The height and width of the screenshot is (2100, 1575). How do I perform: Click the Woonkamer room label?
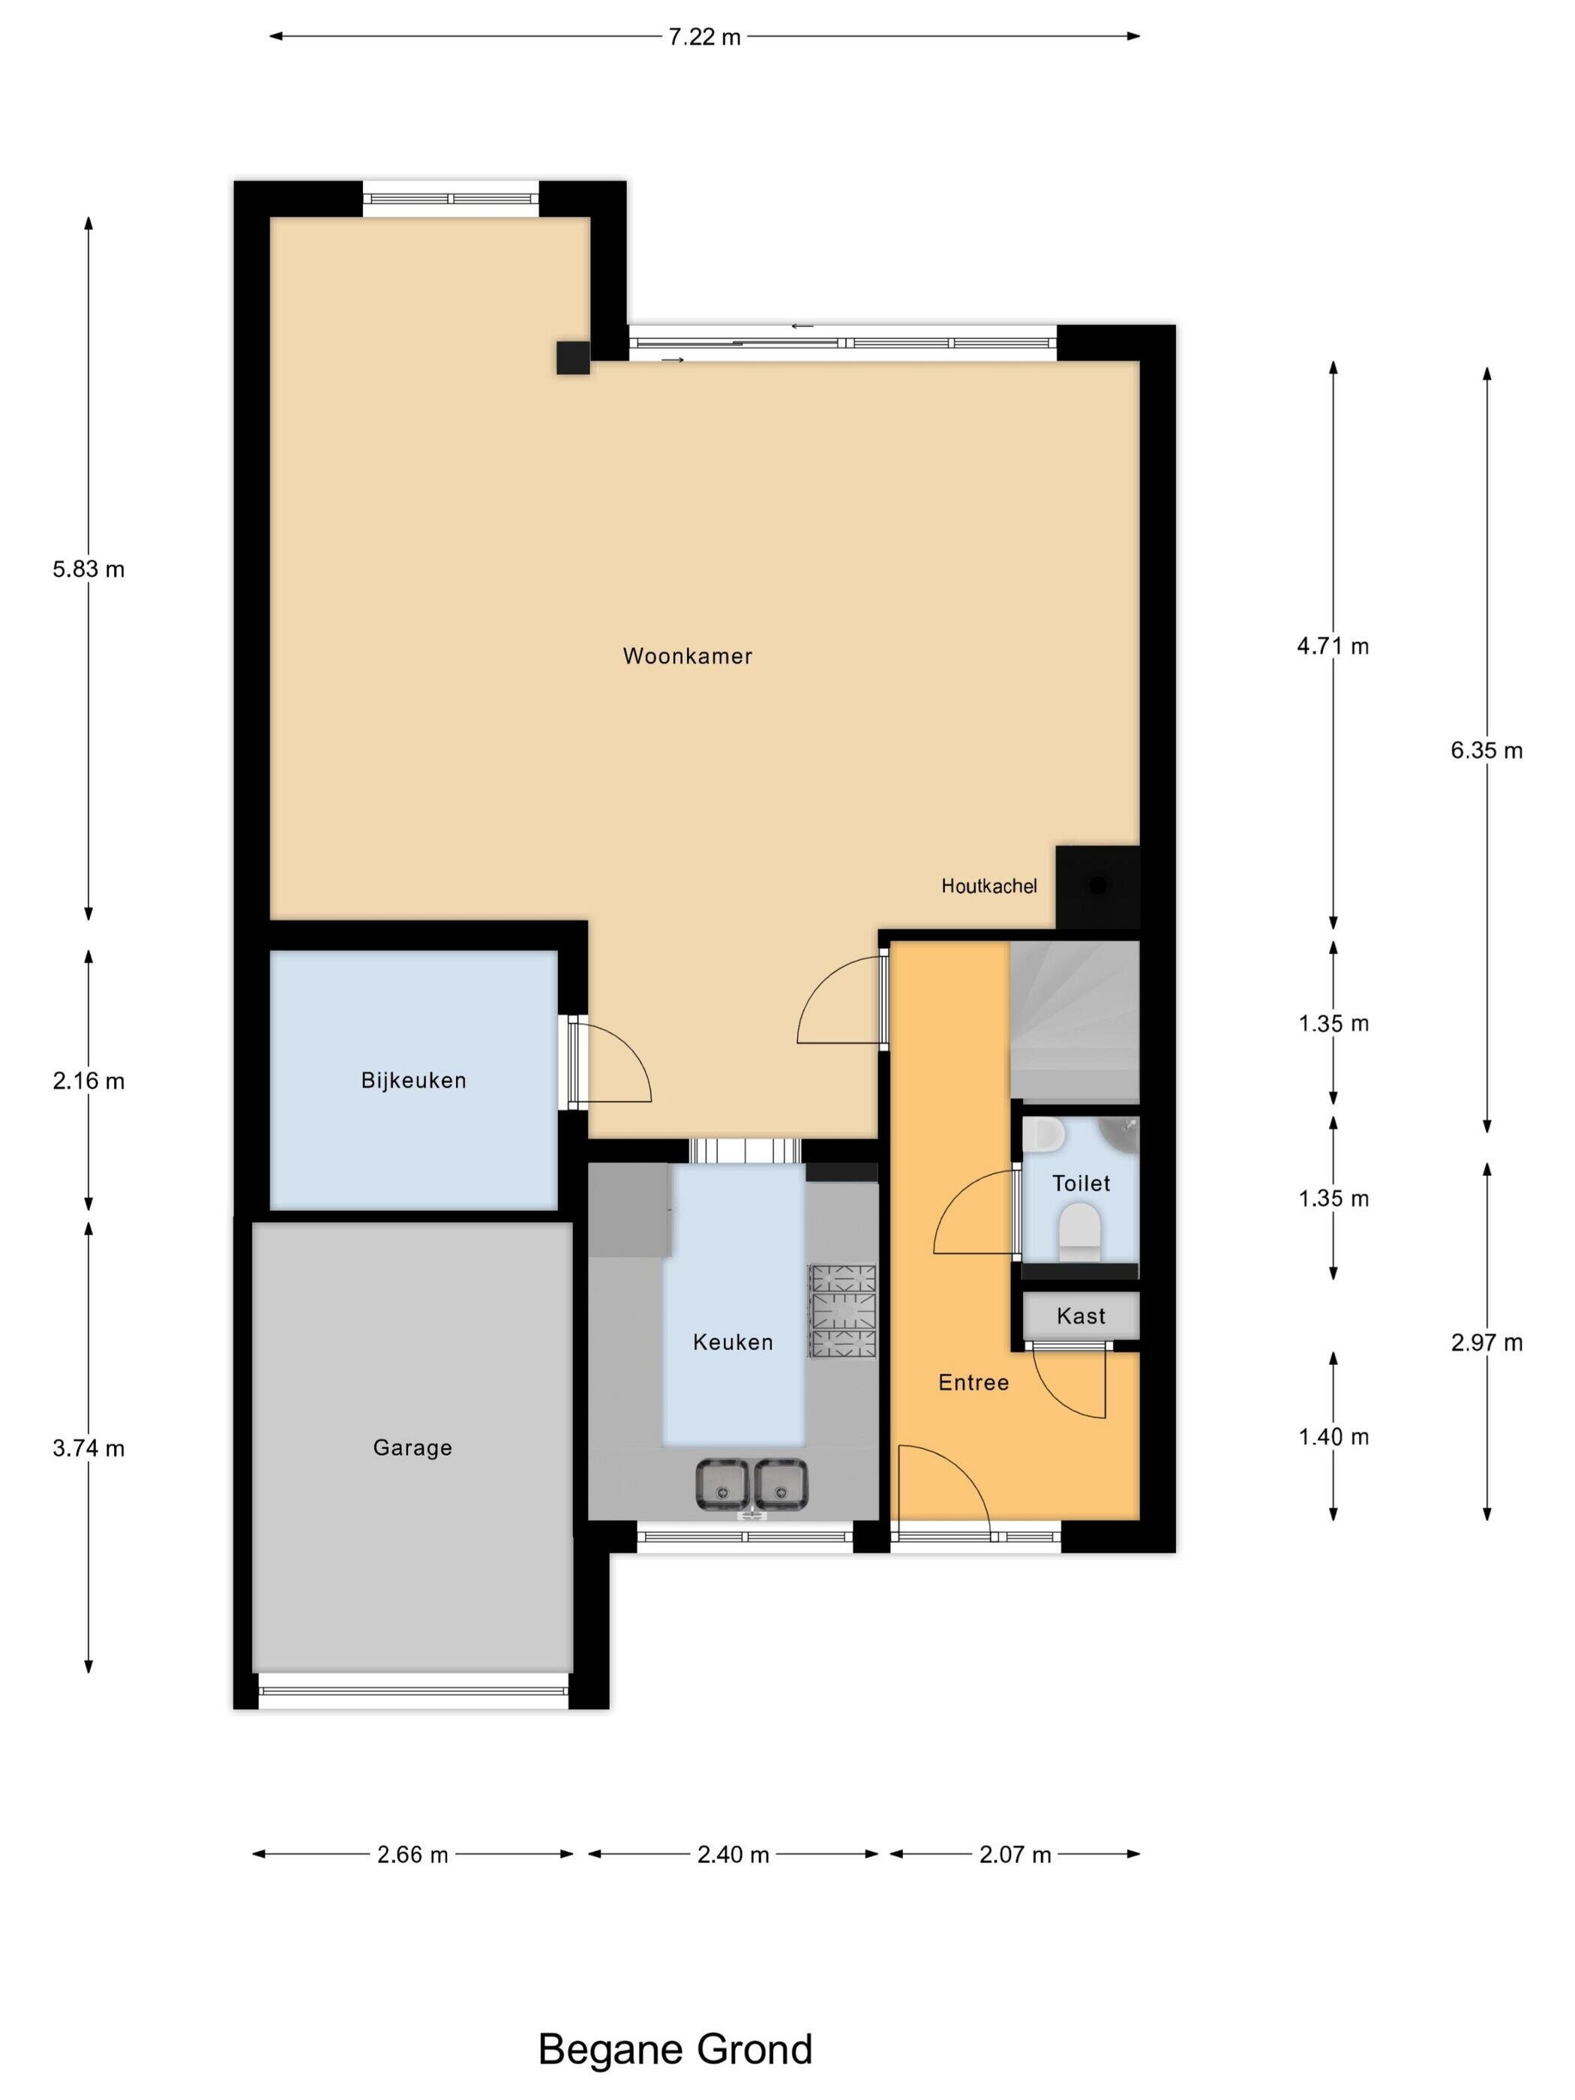[x=687, y=656]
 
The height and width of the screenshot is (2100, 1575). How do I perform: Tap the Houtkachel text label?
[x=988, y=886]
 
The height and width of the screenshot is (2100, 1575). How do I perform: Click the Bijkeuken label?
[x=413, y=1081]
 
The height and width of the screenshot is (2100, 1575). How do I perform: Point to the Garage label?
[x=412, y=1447]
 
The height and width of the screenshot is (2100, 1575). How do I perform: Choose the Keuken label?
[x=733, y=1342]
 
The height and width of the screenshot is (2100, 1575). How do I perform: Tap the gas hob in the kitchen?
[x=841, y=1314]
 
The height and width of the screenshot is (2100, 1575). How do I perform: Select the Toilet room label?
[x=1081, y=1183]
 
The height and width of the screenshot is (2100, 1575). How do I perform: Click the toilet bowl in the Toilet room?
[x=1078, y=1231]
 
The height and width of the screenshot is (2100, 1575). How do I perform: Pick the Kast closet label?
[x=1081, y=1315]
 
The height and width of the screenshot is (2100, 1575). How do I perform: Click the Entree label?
[x=973, y=1382]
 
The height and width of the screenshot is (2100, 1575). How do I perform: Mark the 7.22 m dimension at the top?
[x=704, y=37]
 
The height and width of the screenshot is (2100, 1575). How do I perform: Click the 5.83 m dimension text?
[x=88, y=569]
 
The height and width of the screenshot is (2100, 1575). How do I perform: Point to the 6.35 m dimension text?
[x=1486, y=751]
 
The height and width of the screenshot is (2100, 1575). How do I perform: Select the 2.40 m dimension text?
[x=733, y=1854]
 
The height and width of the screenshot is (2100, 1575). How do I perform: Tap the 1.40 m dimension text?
[x=1333, y=1437]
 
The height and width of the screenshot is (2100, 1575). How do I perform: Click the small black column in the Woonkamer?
[x=572, y=358]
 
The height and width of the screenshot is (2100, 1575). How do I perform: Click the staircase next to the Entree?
[x=1074, y=1021]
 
